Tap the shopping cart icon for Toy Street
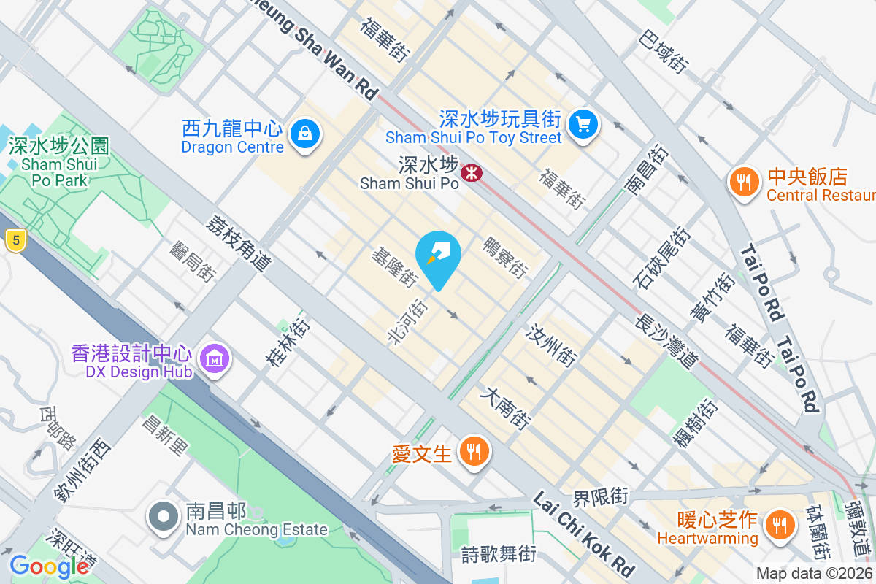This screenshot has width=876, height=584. click(583, 123)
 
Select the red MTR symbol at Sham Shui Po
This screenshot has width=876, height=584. click(472, 173)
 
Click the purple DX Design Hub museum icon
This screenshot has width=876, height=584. click(214, 359)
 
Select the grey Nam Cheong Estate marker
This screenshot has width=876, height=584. click(163, 518)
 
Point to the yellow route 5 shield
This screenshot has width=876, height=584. click(14, 239)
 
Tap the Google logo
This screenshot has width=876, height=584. click(49, 566)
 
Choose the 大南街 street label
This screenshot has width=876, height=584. click(505, 407)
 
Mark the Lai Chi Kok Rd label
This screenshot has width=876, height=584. click(583, 534)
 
